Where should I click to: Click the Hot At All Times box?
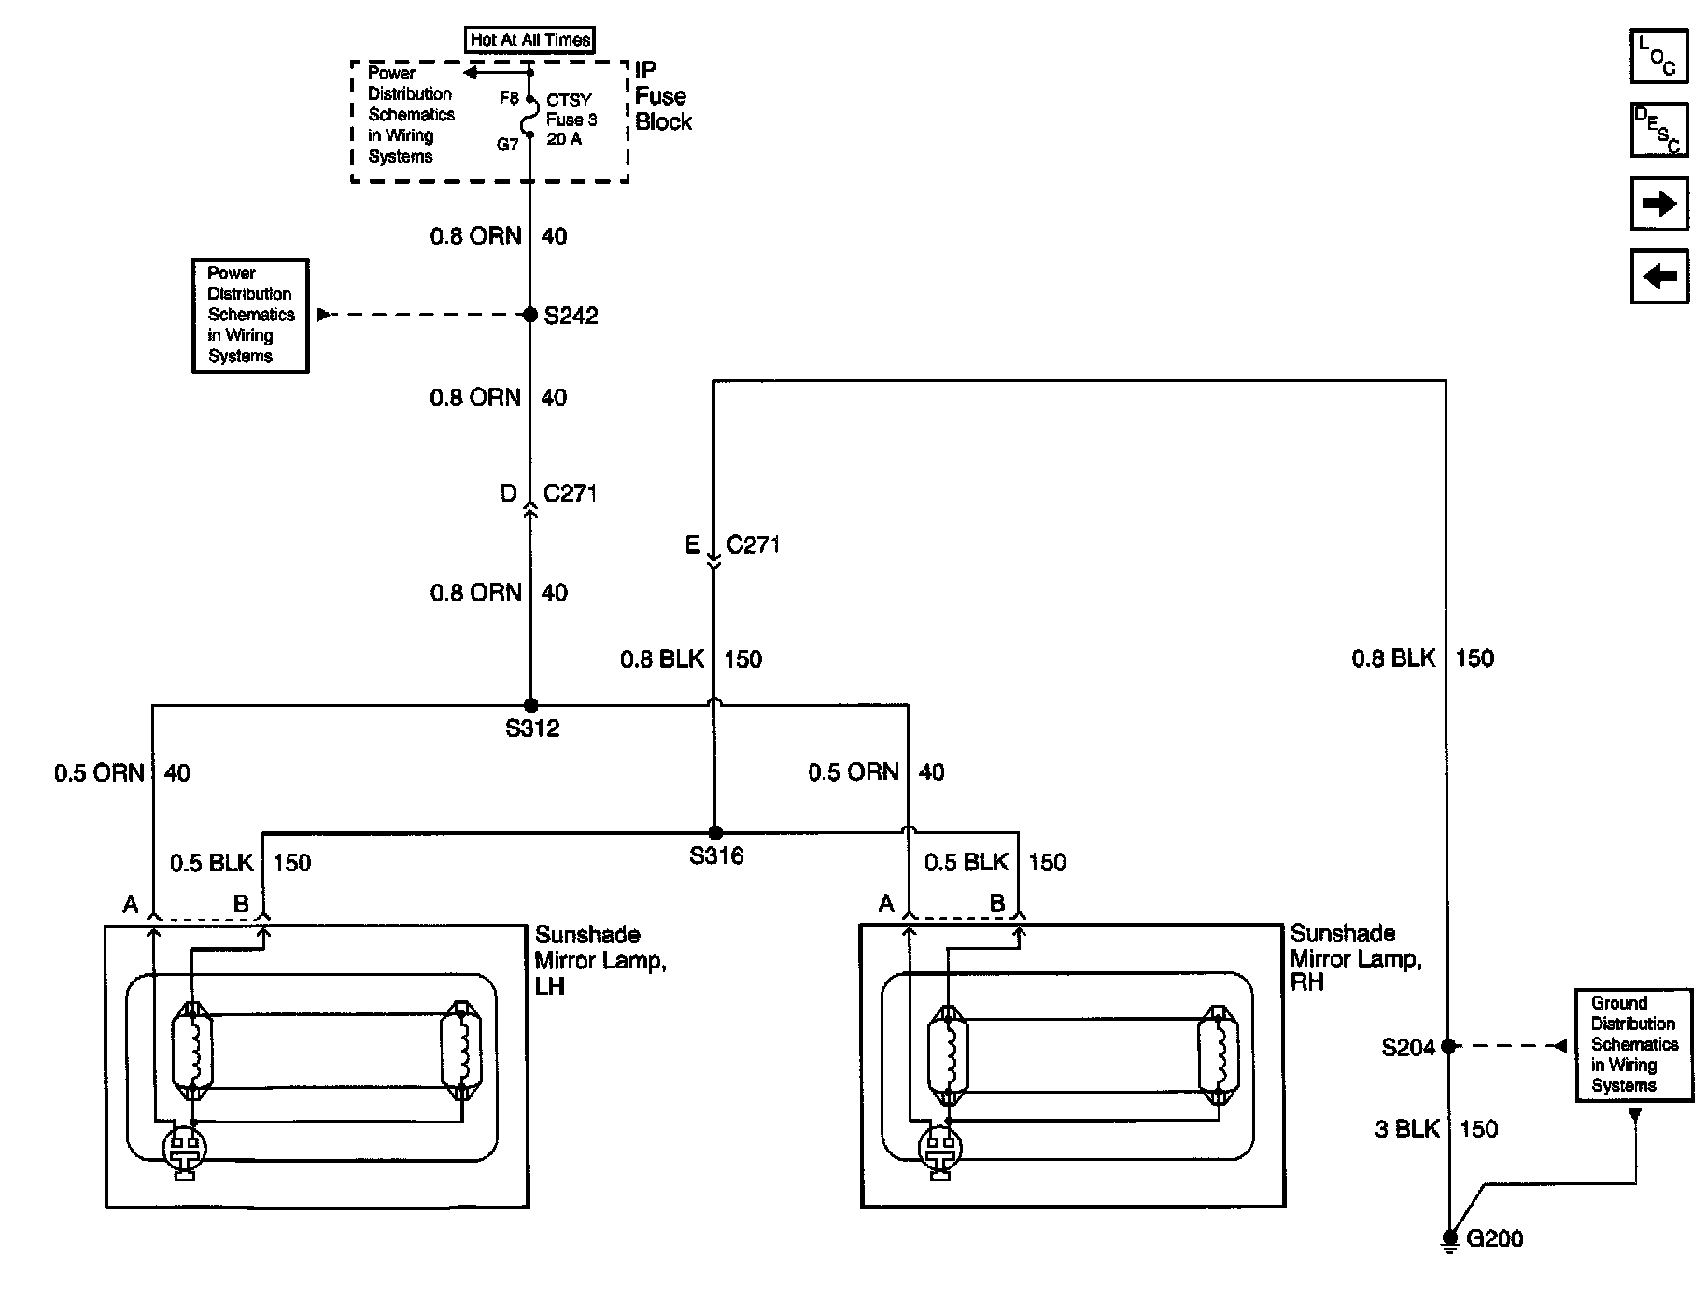pyautogui.click(x=529, y=40)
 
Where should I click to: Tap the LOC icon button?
pyautogui.click(x=1659, y=56)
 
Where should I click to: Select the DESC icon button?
pyautogui.click(x=1659, y=130)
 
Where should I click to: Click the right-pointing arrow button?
pyautogui.click(x=1659, y=203)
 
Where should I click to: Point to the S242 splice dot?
pyautogui.click(x=530, y=315)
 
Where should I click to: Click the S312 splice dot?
pyautogui.click(x=530, y=705)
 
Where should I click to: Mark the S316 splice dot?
pyautogui.click(x=714, y=832)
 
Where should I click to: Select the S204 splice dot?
pyautogui.click(x=1447, y=1046)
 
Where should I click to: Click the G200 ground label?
pyautogui.click(x=1495, y=1238)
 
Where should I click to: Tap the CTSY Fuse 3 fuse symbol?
pyautogui.click(x=529, y=117)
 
